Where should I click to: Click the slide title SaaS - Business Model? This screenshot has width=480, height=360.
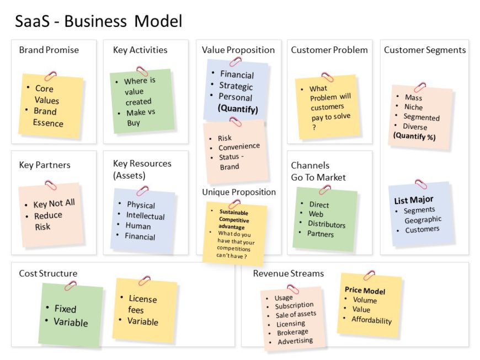[x=98, y=22]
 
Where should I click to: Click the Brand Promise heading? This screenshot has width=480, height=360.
[x=49, y=50]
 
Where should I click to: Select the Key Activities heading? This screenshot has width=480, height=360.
[x=140, y=50]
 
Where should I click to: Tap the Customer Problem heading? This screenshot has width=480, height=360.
[x=329, y=50]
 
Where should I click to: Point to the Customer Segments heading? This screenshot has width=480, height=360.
[x=425, y=50]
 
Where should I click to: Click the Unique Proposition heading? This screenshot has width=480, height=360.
[x=239, y=192]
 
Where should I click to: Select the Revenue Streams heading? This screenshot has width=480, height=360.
[x=289, y=273]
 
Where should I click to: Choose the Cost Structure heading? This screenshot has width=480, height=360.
[x=48, y=273]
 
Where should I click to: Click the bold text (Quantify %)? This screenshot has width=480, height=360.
[x=414, y=137]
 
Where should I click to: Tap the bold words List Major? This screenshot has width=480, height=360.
[x=414, y=200]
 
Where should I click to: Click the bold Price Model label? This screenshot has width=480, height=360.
[x=365, y=291]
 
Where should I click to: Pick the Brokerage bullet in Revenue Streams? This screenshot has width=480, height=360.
[x=292, y=333]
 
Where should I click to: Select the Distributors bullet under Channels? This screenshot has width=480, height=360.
[x=327, y=224]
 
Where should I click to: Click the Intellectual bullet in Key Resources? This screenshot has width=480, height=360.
[x=145, y=216]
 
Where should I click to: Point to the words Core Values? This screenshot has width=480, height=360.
[x=46, y=94]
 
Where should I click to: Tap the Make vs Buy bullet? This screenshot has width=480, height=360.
[x=136, y=117]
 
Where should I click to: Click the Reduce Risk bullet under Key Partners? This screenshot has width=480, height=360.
[x=48, y=221]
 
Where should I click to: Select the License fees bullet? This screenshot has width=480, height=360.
[x=142, y=304]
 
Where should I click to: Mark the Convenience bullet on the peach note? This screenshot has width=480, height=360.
[x=239, y=147]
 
